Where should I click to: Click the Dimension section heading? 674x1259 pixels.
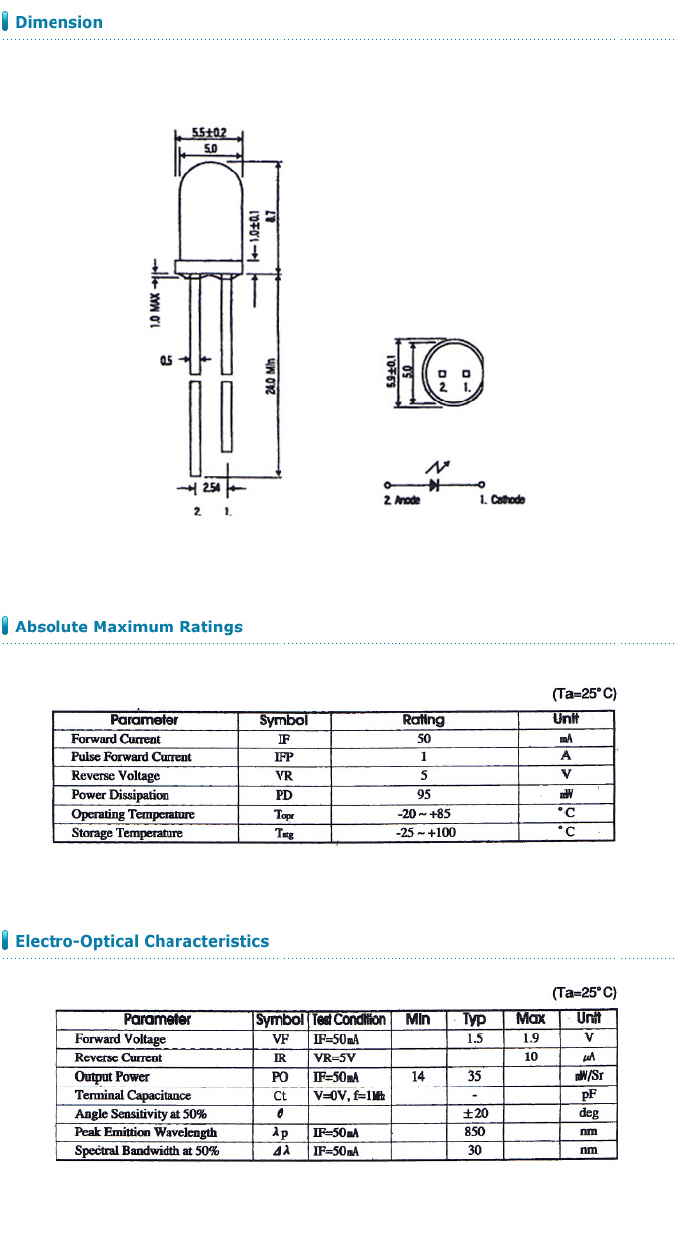(x=58, y=22)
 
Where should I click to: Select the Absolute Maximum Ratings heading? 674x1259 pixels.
(x=128, y=627)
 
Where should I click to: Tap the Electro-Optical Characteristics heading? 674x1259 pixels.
(x=141, y=941)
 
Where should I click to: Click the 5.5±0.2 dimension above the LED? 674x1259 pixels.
(x=209, y=132)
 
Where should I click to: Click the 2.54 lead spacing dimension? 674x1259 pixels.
(x=212, y=488)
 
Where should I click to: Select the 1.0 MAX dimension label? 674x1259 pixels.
(x=156, y=308)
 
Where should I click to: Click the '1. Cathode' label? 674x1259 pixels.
(x=502, y=500)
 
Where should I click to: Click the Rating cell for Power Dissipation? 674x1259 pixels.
(x=423, y=795)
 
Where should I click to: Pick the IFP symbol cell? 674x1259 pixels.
(x=283, y=757)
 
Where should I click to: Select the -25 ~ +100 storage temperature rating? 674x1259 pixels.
(x=423, y=833)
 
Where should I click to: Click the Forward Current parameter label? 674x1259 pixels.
(x=116, y=739)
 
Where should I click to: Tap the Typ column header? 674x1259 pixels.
(x=475, y=1020)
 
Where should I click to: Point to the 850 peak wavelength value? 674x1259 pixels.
(x=474, y=1132)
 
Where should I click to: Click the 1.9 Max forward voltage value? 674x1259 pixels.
(x=531, y=1039)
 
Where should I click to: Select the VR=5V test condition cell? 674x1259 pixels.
(x=335, y=1058)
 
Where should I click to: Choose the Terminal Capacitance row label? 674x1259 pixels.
(x=134, y=1095)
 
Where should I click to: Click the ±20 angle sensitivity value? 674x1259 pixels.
(x=475, y=1114)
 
